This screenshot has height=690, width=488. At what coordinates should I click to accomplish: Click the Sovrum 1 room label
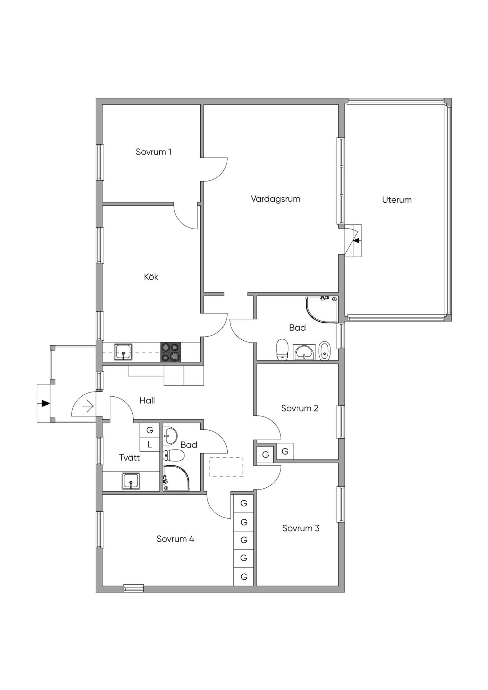click(x=154, y=152)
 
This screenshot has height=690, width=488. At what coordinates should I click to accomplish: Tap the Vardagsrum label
click(x=275, y=199)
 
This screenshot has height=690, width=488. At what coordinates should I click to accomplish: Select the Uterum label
click(x=397, y=200)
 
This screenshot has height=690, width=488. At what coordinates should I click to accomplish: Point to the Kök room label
click(x=151, y=277)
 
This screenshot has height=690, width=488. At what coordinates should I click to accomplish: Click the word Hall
click(x=147, y=400)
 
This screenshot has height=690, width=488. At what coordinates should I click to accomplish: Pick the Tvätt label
click(x=129, y=457)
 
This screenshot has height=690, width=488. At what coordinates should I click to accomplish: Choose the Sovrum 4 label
click(x=175, y=539)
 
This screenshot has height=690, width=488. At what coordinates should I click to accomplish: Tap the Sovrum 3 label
click(x=301, y=528)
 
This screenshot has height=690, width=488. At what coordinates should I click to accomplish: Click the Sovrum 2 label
click(x=300, y=408)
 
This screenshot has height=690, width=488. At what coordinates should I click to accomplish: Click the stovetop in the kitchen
click(x=170, y=352)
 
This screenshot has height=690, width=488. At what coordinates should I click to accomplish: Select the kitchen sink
click(x=123, y=352)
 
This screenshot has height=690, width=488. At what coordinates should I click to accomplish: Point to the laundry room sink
click(x=131, y=481)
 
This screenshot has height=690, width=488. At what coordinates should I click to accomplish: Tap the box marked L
click(x=150, y=445)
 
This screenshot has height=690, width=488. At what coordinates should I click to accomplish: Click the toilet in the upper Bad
click(x=282, y=349)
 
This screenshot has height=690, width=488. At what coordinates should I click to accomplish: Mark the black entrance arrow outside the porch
click(x=45, y=403)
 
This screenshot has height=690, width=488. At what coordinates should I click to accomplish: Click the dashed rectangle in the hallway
click(x=226, y=467)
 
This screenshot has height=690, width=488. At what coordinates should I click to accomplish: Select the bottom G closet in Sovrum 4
click(x=244, y=577)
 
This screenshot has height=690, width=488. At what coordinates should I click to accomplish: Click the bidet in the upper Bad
click(x=324, y=350)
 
